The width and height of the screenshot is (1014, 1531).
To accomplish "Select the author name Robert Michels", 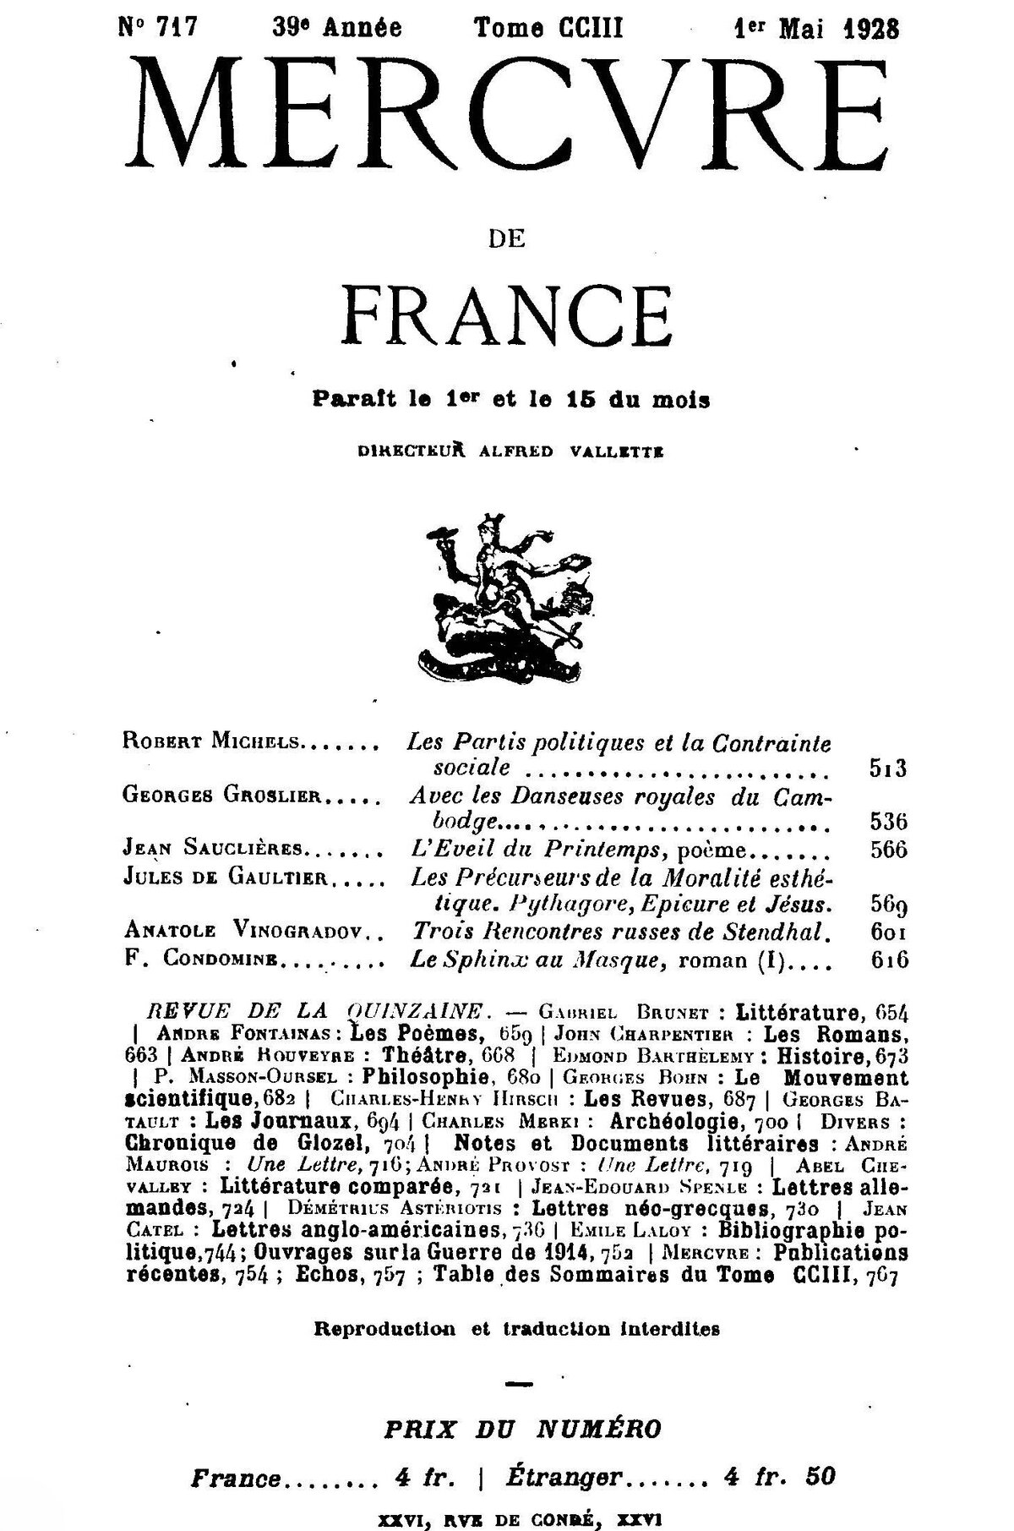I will [211, 744].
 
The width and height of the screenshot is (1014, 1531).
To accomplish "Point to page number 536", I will [887, 822].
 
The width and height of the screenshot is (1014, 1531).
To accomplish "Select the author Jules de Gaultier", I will [225, 878].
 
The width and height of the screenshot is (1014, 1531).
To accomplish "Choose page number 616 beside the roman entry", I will [886, 960].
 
